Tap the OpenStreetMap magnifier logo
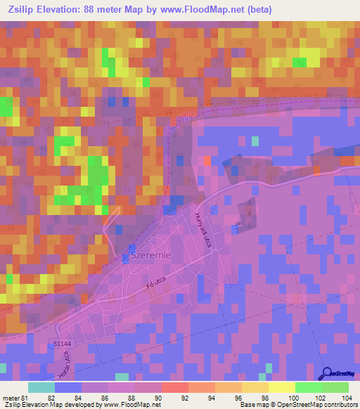(328, 373)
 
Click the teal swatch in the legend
(41, 387)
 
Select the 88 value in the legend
(131, 397)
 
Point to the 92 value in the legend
(185, 397)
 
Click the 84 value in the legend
(78, 397)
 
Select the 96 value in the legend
(238, 397)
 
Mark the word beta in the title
(258, 9)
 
